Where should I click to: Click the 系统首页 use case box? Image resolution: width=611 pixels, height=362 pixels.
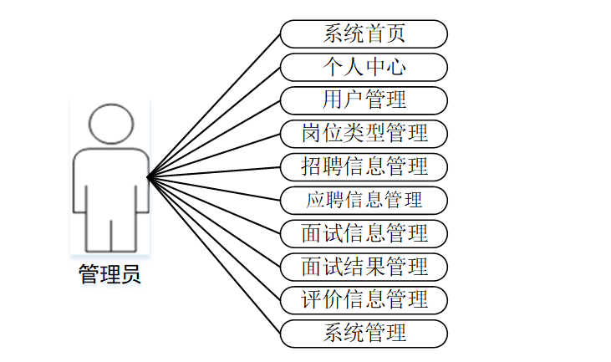point(364,34)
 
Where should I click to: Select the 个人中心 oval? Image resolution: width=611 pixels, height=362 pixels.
point(364,67)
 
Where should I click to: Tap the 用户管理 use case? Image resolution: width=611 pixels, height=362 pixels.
point(364,100)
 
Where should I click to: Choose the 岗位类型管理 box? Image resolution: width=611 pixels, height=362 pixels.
point(364,133)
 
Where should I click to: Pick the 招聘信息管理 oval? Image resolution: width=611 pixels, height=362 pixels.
point(364,166)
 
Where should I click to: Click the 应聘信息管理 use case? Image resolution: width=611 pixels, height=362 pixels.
point(364,200)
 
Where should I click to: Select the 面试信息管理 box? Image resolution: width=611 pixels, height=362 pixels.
point(364,232)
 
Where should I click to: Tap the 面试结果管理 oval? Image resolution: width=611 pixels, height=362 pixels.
point(364,266)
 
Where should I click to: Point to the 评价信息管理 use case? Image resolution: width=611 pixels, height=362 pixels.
point(364,299)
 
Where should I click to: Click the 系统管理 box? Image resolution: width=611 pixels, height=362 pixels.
point(364,333)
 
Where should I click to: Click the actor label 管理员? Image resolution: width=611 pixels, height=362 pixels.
point(109,274)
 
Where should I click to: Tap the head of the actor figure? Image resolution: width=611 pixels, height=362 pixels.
point(111,124)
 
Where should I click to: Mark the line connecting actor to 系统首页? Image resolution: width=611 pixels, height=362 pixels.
point(214,105)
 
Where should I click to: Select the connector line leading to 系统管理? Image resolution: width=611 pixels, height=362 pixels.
point(214,255)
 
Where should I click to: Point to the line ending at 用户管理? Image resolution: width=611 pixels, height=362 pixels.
point(214,139)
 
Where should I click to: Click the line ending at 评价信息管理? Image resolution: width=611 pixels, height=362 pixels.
point(214,238)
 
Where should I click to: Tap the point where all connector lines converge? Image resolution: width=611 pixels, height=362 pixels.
point(148,176)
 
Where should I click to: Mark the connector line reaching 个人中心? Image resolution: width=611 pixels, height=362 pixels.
point(214,122)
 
